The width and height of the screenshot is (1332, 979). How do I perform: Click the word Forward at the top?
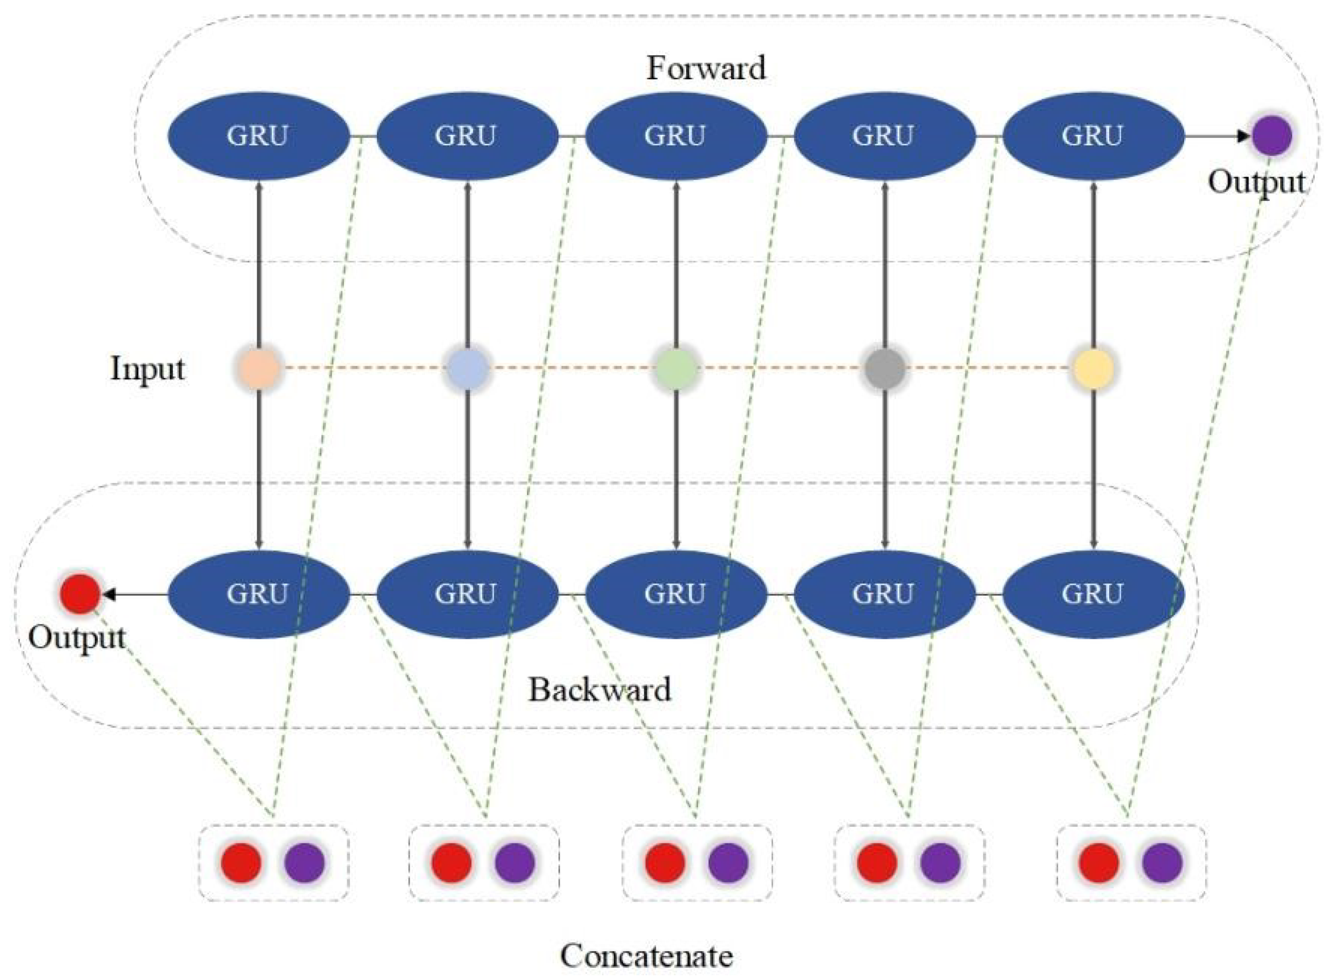click(705, 68)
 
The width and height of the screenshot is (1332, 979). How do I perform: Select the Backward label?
click(599, 690)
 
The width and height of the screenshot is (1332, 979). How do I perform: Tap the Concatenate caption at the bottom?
click(646, 956)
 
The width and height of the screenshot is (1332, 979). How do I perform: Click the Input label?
click(147, 369)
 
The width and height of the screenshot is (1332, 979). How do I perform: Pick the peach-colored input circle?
click(259, 369)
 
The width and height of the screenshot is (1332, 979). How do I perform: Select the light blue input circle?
click(467, 369)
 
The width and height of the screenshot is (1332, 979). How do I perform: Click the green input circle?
click(676, 369)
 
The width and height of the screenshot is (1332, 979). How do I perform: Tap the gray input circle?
click(885, 369)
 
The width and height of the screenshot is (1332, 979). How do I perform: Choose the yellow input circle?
click(1093, 369)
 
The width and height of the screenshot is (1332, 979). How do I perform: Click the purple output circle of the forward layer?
click(1272, 136)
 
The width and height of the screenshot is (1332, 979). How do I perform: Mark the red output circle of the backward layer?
click(79, 593)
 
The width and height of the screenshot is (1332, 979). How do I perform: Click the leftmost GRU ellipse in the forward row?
click(259, 136)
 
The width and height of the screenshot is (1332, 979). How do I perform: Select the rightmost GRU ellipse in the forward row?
click(1093, 136)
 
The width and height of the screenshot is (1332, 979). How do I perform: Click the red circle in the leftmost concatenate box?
click(241, 863)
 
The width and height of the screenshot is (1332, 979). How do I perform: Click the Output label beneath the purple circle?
click(1256, 182)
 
